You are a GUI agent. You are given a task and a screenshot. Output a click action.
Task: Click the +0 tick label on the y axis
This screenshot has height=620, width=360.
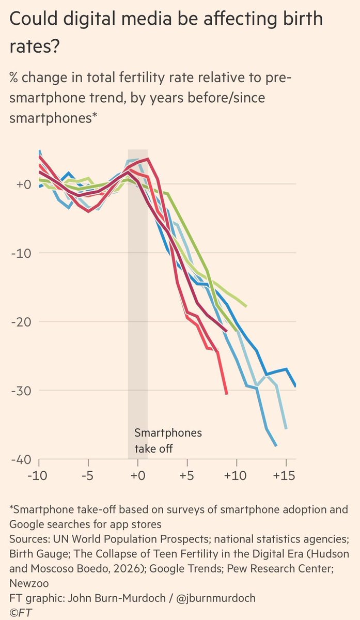click(x=24, y=184)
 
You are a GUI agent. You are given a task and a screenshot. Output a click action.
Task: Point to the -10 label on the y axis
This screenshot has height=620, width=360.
click(x=21, y=253)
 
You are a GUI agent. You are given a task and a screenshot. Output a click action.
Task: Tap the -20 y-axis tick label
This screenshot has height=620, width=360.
click(x=21, y=322)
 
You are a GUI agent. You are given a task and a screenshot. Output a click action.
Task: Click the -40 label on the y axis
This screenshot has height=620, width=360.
click(x=21, y=460)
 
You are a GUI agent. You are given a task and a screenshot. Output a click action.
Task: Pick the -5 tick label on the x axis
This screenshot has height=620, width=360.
click(x=87, y=475)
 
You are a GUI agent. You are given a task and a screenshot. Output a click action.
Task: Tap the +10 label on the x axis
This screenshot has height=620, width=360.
click(x=235, y=475)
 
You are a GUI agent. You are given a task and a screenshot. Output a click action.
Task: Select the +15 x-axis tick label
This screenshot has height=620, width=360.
click(x=284, y=475)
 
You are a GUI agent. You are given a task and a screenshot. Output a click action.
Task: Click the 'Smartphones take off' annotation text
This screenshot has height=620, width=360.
click(x=168, y=441)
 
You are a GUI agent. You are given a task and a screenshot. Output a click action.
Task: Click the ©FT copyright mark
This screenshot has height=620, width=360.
click(x=21, y=613)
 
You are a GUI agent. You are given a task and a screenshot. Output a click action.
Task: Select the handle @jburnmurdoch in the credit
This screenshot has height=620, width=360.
click(x=215, y=598)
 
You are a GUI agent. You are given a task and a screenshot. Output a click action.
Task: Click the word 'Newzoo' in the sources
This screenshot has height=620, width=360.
click(x=29, y=583)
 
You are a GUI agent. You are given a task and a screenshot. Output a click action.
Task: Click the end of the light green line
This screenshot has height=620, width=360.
click(x=246, y=306)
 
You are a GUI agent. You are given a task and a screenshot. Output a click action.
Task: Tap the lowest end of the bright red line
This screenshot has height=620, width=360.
click(x=227, y=394)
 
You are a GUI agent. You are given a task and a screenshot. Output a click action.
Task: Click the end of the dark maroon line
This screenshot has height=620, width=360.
click(x=227, y=331)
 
